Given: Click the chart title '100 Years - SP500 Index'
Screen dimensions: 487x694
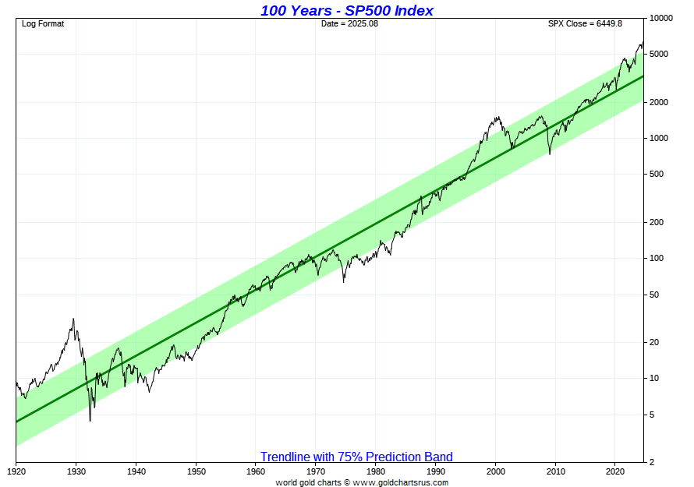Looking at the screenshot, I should point(346,10).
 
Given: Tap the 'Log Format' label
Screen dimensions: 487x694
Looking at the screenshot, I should point(43,23).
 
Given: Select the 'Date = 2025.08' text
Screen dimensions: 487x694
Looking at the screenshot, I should point(349,23).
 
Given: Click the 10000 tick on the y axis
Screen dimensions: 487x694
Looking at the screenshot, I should point(661,18).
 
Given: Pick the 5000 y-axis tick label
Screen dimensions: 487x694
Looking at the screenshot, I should point(659,54).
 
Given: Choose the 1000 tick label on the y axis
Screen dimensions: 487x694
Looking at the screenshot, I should point(659,138).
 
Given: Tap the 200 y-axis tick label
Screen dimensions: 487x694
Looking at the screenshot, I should point(657,222).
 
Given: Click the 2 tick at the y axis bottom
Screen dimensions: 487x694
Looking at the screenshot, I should point(652,462).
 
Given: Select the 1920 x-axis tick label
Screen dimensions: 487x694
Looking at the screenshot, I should point(16,471).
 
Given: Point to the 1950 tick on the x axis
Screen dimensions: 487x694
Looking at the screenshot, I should point(196,471).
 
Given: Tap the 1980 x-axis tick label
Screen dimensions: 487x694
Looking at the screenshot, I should point(376,471).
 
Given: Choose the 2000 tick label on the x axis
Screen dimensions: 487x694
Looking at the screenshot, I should point(496,471).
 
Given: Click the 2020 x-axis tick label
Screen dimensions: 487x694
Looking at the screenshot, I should point(615,471).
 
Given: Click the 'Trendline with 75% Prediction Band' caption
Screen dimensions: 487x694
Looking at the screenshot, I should point(356,457).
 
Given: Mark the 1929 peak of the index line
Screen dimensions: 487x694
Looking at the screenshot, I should point(73,319).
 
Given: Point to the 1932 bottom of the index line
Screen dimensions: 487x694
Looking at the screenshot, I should point(90,421).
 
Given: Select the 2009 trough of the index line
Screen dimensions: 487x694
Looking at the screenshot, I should point(550,154).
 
